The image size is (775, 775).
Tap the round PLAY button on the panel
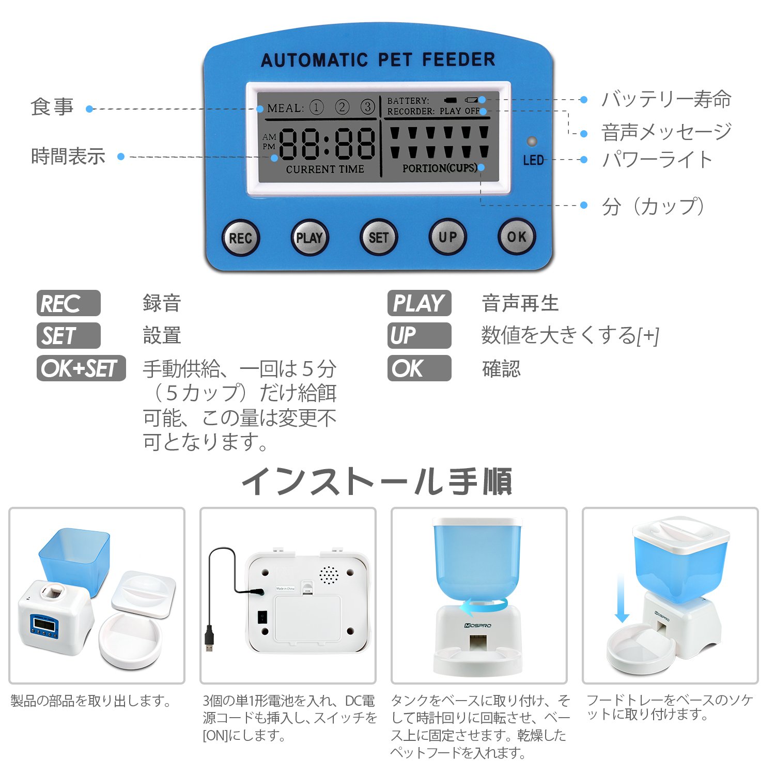click(x=309, y=238)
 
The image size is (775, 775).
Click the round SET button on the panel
click(x=378, y=238)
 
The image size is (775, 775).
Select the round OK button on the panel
click(x=516, y=237)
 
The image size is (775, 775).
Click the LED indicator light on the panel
click(x=531, y=142)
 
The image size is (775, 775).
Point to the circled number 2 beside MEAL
click(x=342, y=107)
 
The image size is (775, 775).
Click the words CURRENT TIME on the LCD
click(x=325, y=169)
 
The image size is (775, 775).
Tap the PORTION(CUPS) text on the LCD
click(x=440, y=168)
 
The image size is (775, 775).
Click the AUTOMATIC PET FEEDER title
click(x=378, y=60)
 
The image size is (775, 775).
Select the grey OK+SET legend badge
click(x=81, y=368)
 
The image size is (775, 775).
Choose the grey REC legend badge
click(x=68, y=303)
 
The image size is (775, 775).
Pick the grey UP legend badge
click(x=419, y=336)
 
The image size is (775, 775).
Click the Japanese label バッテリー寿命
click(x=666, y=99)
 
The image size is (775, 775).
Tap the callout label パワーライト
click(x=657, y=160)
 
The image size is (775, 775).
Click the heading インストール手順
click(x=377, y=481)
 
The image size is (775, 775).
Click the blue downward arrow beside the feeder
click(x=622, y=599)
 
